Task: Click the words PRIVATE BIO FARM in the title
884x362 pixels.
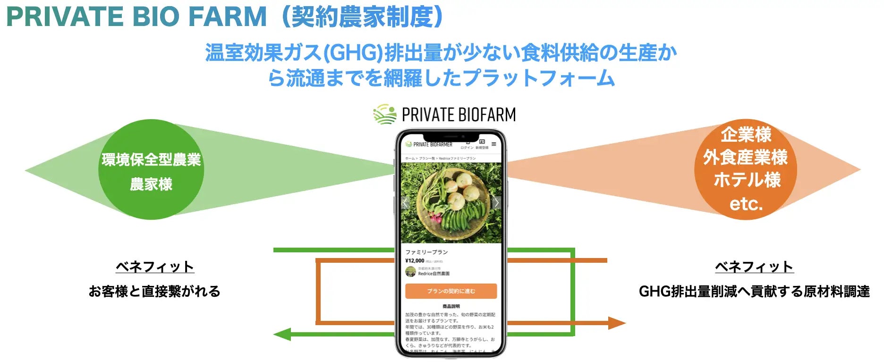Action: [x=136, y=17]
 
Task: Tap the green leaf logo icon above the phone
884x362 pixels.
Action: [x=384, y=114]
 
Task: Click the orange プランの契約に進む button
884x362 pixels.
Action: [x=451, y=291]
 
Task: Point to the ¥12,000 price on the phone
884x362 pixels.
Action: [x=415, y=260]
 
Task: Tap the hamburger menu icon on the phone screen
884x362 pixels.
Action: [x=494, y=144]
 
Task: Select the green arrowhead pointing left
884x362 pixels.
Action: [x=282, y=334]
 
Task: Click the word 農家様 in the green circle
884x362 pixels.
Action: [x=151, y=184]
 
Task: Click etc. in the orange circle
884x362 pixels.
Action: [x=746, y=204]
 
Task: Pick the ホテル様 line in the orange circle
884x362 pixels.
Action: [x=747, y=180]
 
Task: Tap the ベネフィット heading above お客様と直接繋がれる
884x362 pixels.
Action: [x=155, y=267]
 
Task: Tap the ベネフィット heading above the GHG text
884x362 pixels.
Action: [x=754, y=267]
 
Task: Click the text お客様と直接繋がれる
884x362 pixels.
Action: [x=154, y=291]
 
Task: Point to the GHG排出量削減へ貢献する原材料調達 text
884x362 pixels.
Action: [x=754, y=291]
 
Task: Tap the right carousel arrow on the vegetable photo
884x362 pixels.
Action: [x=496, y=203]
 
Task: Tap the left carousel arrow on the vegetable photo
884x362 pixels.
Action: [x=405, y=203]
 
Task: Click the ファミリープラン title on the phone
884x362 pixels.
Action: [x=426, y=252]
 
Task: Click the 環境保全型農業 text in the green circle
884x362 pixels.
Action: [x=151, y=160]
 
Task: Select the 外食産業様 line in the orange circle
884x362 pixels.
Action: [x=746, y=157]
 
